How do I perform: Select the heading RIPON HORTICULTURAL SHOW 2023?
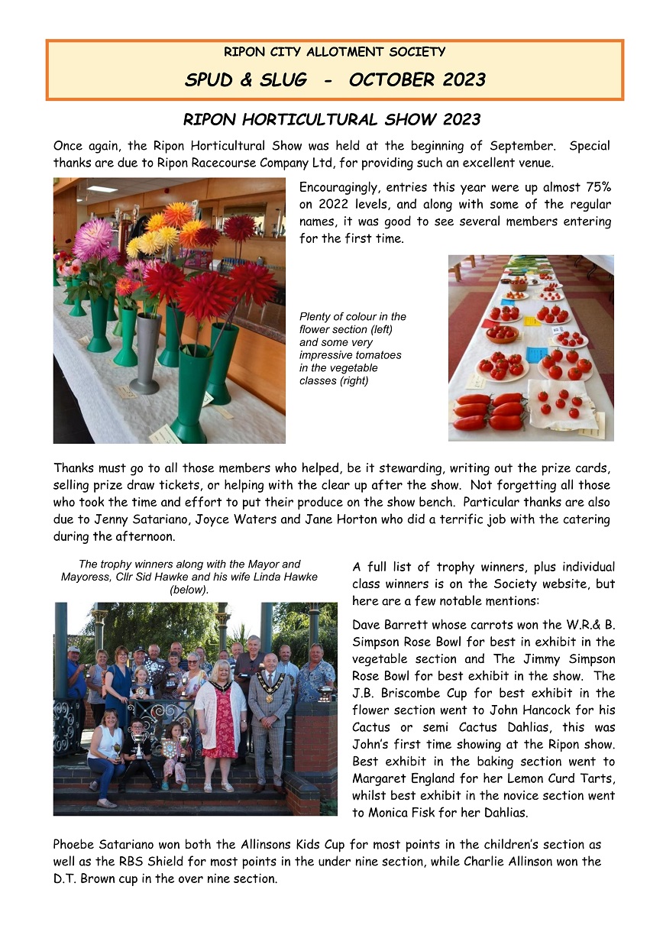coord(331,120)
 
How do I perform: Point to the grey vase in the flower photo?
coord(145,351)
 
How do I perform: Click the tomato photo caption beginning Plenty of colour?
coord(353,348)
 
